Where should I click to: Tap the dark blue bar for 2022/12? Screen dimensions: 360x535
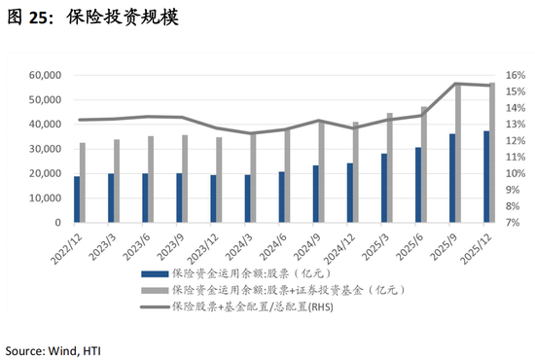[x=77, y=198]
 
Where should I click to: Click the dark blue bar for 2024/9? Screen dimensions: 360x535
[x=315, y=194]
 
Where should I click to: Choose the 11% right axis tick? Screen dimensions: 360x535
[x=516, y=157]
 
